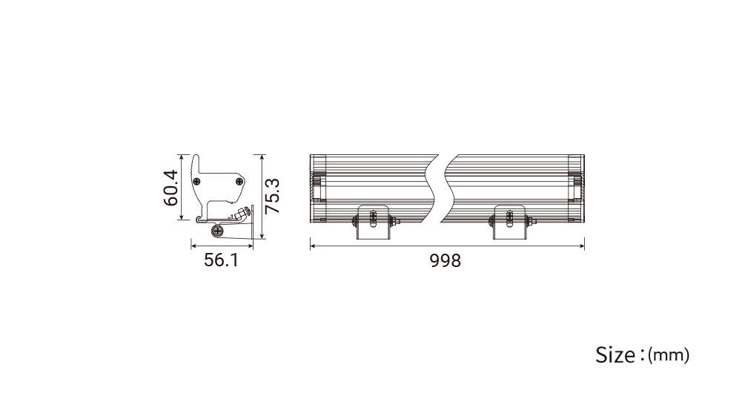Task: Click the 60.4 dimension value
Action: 170,188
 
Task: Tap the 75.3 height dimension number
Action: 272,196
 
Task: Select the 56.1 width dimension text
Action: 222,260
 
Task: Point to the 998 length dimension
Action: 446,260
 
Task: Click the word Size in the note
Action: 615,355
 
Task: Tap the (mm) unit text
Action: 669,355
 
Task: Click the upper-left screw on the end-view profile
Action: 196,181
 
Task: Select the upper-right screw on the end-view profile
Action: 239,181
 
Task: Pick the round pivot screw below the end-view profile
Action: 218,231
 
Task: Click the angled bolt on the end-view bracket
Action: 244,213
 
